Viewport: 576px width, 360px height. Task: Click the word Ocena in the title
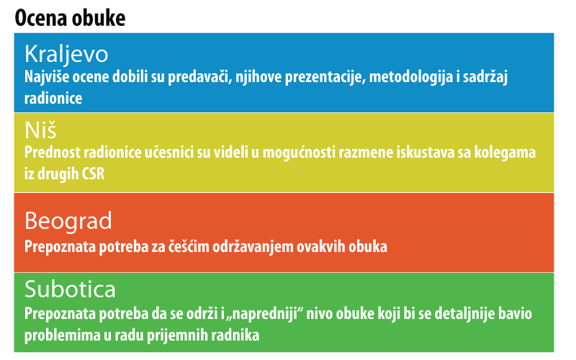point(41,18)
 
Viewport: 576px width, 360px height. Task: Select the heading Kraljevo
point(66,55)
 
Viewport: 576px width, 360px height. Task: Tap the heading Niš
point(40,130)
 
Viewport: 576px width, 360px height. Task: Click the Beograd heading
point(68,221)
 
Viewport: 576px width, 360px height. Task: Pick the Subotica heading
point(70,289)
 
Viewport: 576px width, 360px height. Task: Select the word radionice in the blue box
point(53,98)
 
